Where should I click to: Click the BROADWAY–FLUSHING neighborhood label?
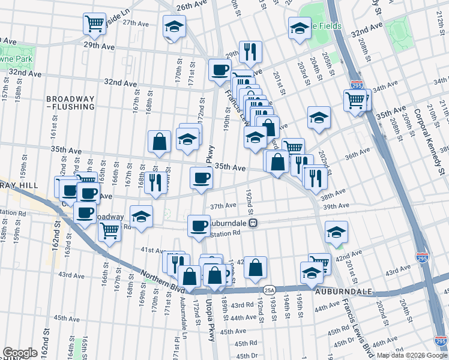pyautogui.click(x=71, y=103)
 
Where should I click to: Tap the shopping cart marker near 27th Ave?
pyautogui.click(x=94, y=24)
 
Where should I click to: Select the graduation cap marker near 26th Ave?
pyautogui.click(x=174, y=27)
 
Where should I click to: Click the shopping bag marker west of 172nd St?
pyautogui.click(x=160, y=142)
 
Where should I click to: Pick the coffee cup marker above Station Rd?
pyautogui.click(x=199, y=226)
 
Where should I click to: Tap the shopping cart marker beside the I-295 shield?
pyautogui.click(x=355, y=100)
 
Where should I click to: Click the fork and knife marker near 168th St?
pyautogui.click(x=155, y=182)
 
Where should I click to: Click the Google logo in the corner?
pyautogui.click(x=20, y=353)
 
